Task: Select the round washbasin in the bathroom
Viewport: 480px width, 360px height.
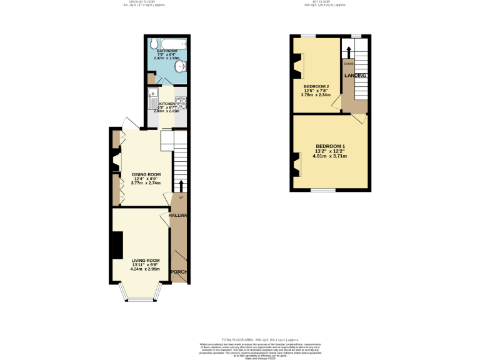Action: (x=180, y=65)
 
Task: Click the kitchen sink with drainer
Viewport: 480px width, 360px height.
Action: (x=152, y=98)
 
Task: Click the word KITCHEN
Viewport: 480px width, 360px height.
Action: (x=167, y=104)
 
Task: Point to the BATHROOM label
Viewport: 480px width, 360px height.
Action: (x=167, y=51)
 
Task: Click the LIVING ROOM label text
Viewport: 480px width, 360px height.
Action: (x=145, y=260)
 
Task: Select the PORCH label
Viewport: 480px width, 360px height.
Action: (x=179, y=271)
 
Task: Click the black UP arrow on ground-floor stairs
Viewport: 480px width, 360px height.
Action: (x=181, y=186)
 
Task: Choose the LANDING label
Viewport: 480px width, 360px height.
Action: (x=354, y=76)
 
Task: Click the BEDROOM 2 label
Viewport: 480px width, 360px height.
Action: (x=316, y=86)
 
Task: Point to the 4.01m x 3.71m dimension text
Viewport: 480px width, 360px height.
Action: (x=329, y=156)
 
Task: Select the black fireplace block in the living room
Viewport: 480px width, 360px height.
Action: (x=117, y=244)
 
